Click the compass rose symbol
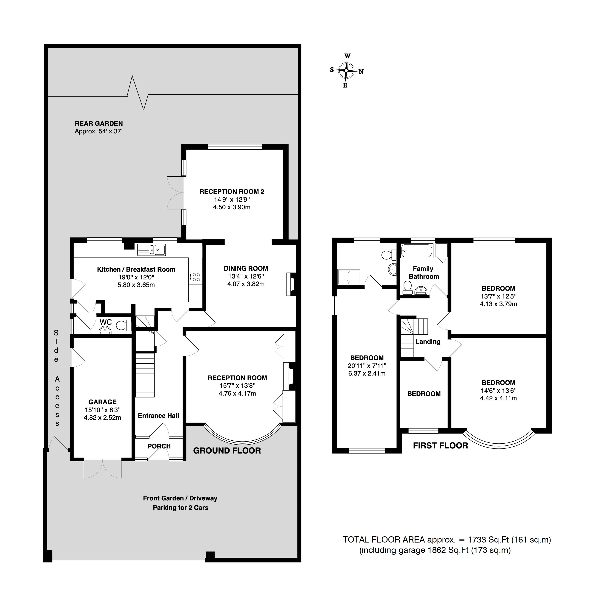click(347, 71)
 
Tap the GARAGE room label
click(102, 402)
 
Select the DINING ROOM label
click(246, 268)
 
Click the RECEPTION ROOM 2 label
click(232, 192)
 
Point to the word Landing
click(428, 342)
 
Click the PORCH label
click(159, 446)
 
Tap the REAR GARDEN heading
click(99, 123)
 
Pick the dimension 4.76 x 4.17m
click(237, 393)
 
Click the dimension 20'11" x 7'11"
click(367, 366)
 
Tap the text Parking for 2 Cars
click(180, 508)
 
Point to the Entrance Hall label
click(158, 416)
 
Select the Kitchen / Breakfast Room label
click(136, 269)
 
